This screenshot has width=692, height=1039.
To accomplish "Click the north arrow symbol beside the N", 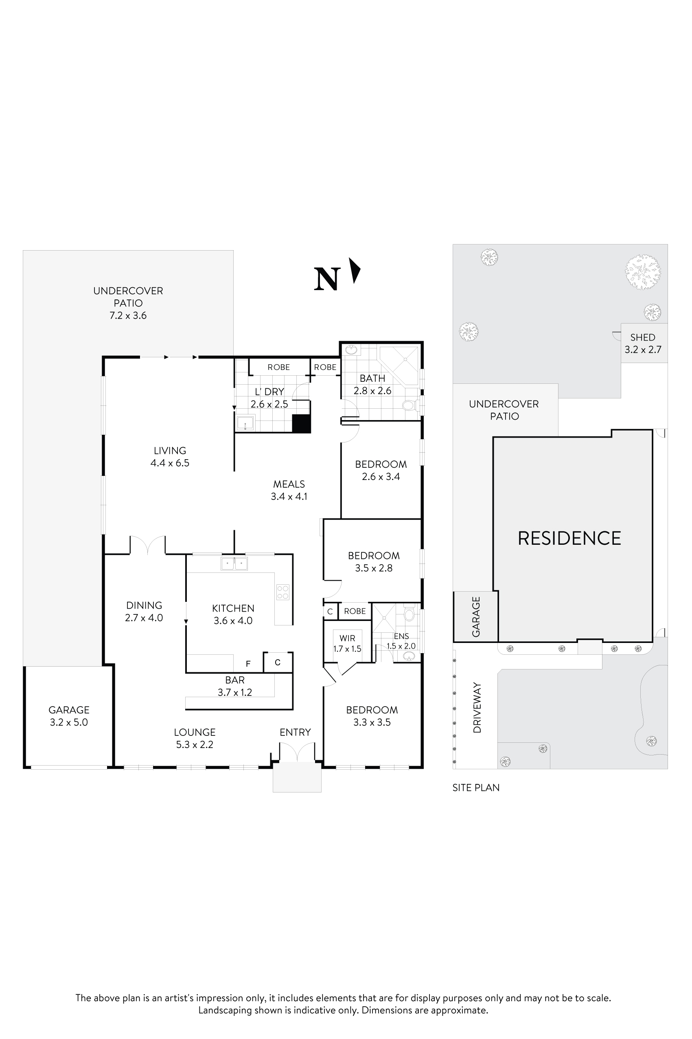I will (355, 271).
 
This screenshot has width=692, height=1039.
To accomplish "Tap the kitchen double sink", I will (234, 564).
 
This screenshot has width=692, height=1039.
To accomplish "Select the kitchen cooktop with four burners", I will (283, 592).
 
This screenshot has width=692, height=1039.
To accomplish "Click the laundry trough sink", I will (245, 423).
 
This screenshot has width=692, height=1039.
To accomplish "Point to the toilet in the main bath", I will (408, 405).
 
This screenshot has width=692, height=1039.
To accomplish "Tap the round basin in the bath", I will (351, 350).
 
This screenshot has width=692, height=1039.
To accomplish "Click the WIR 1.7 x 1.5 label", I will (347, 644).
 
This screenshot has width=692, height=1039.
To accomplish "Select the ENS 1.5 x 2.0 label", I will (401, 641).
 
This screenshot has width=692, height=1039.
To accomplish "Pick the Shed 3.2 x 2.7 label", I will (643, 343).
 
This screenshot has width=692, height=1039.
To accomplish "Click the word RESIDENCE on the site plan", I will (569, 539).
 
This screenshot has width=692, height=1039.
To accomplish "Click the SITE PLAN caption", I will (476, 787).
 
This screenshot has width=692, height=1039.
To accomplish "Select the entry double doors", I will (297, 752).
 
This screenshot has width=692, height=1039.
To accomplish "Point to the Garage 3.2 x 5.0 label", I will (69, 715).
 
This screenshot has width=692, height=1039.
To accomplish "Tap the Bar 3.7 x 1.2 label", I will (235, 686).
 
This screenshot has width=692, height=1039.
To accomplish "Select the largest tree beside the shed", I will (643, 271).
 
